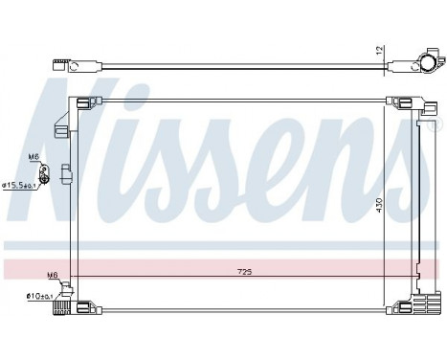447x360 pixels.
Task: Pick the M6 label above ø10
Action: click(x=53, y=275)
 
